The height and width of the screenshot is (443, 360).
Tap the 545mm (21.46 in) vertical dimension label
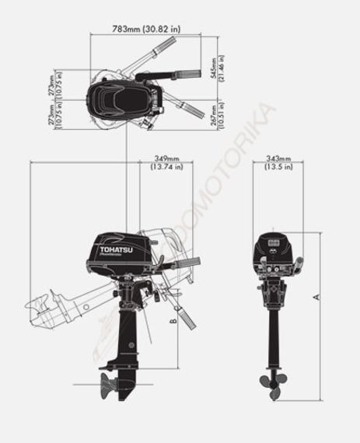(x=219, y=68)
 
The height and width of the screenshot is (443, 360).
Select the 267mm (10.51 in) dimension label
(x=219, y=116)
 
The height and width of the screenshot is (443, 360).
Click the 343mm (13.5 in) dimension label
(x=278, y=162)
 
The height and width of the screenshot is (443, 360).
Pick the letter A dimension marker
(x=316, y=296)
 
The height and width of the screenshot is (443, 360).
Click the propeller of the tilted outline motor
(x=37, y=309)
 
